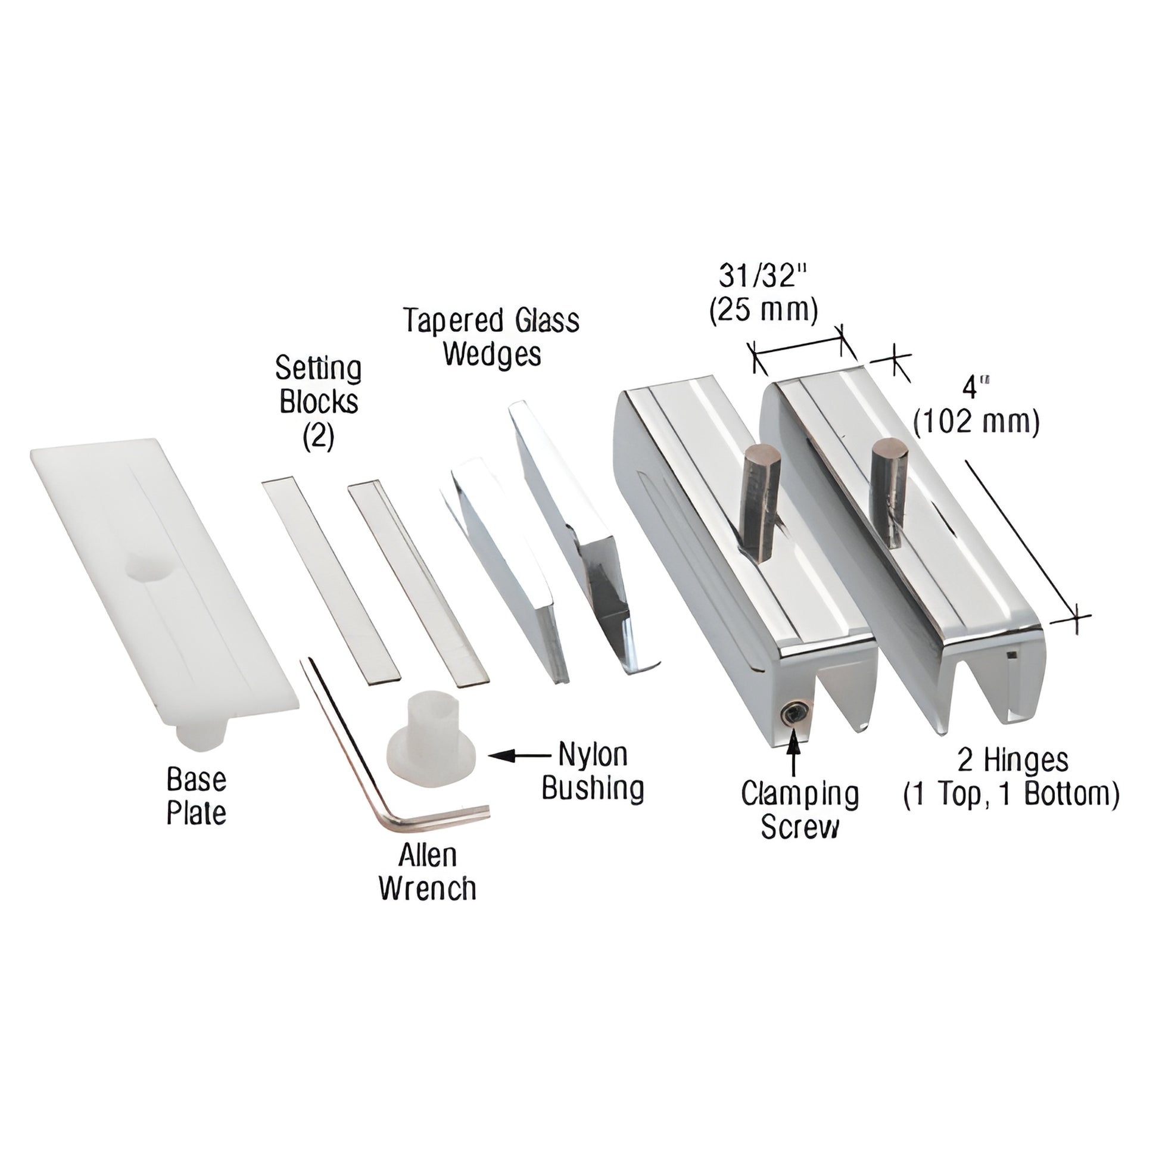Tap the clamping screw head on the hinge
click(793, 714)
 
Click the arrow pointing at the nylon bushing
click(516, 756)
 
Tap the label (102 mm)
click(976, 422)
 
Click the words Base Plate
click(196, 796)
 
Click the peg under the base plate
click(204, 736)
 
